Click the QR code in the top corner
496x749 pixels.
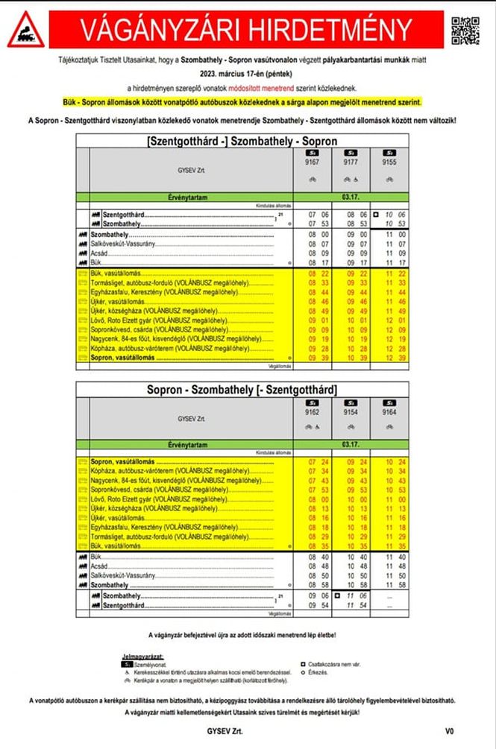pyautogui.click(x=465, y=30)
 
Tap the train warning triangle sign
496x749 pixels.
pyautogui.click(x=25, y=31)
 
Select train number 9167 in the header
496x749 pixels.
pyautogui.click(x=312, y=161)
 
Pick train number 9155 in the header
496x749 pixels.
pyautogui.click(x=389, y=161)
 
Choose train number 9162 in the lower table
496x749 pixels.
pyautogui.click(x=312, y=411)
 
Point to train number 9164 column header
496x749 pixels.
pyautogui.click(x=389, y=411)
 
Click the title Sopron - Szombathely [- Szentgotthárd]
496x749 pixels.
pyautogui.click(x=242, y=390)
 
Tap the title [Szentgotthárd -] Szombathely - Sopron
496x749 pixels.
pyautogui.click(x=242, y=141)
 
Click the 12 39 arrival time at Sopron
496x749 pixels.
pyautogui.click(x=389, y=358)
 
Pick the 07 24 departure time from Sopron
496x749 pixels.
pyautogui.click(x=312, y=462)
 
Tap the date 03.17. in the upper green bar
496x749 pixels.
pyautogui.click(x=351, y=197)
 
